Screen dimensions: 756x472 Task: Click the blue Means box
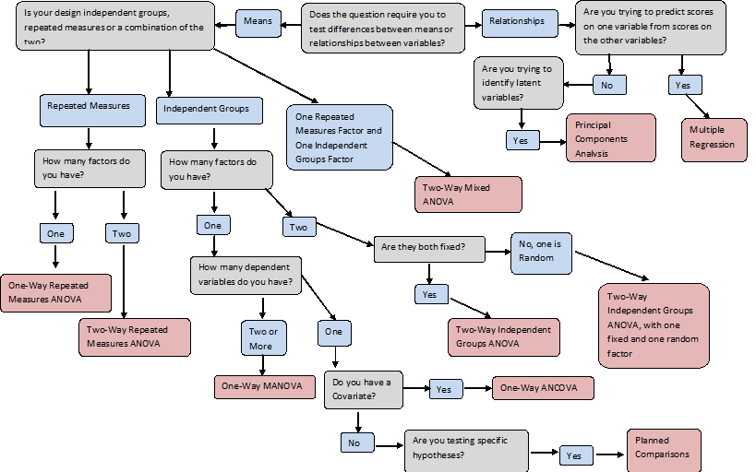pyautogui.click(x=258, y=23)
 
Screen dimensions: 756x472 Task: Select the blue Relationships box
pyautogui.click(x=520, y=23)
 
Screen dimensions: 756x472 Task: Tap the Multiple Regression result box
pyautogui.click(x=714, y=140)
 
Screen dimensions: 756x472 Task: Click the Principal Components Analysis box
pyautogui.click(x=611, y=137)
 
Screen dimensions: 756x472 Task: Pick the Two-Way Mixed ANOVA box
pyautogui.click(x=468, y=195)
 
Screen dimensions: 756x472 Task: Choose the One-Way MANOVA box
pyautogui.click(x=265, y=387)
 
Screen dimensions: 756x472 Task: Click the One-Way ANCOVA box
pyautogui.click(x=543, y=388)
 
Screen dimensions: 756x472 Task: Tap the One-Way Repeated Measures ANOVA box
pyautogui.click(x=56, y=293)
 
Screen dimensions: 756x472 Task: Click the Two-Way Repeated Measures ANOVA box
pyautogui.click(x=135, y=337)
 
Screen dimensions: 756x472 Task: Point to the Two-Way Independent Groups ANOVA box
pyautogui.click(x=504, y=337)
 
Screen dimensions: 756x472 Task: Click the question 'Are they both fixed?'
pyautogui.click(x=429, y=249)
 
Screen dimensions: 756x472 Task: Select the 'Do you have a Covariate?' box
pyautogui.click(x=363, y=390)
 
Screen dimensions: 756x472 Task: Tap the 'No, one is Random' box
pyautogui.click(x=542, y=254)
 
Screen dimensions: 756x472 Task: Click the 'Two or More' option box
pyautogui.click(x=264, y=338)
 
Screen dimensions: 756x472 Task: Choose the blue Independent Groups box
pyautogui.click(x=210, y=111)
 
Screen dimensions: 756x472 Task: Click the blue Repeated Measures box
pyautogui.click(x=92, y=111)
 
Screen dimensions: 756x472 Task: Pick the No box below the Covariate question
pyautogui.click(x=357, y=442)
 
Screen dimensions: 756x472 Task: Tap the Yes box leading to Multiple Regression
pyautogui.click(x=685, y=85)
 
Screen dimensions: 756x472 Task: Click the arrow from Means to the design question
pyautogui.click(x=225, y=25)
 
